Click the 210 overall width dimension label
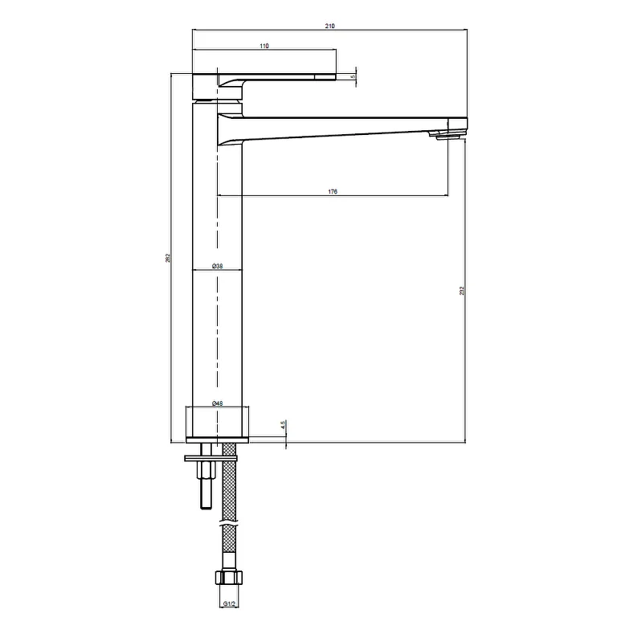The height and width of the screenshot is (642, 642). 329,27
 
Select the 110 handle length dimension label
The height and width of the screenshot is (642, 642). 264,47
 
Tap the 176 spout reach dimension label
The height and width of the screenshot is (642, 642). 333,191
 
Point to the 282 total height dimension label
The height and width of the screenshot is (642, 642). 167,258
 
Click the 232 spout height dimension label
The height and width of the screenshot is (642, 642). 462,291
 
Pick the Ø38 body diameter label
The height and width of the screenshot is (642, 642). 218,266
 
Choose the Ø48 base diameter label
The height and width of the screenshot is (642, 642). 218,403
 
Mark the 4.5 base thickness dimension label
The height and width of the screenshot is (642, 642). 283,425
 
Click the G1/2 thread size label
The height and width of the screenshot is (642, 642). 229,604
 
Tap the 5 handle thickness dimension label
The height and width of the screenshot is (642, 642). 354,76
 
